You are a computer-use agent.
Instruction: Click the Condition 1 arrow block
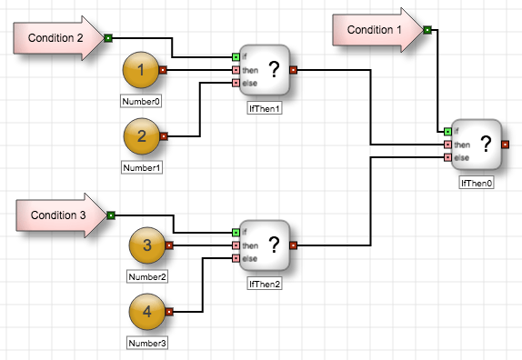point(377,30)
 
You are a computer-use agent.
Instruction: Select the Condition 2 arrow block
point(58,38)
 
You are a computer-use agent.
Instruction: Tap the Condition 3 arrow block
point(61,215)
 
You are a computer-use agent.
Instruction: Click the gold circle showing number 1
point(141,70)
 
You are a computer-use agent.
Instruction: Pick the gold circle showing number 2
point(142,136)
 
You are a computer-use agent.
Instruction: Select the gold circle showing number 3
point(146,245)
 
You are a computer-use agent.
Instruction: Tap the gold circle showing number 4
point(146,312)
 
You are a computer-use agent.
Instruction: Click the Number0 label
point(141,101)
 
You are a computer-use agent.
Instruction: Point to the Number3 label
point(147,343)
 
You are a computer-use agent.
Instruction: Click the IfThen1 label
point(265,108)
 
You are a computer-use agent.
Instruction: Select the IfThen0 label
point(477,183)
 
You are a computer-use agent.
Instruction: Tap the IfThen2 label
point(265,284)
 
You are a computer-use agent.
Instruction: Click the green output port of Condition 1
point(427,30)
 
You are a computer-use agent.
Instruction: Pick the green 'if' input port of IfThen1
point(236,57)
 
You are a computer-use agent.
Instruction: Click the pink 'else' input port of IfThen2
point(236,258)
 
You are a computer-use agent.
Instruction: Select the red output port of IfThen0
point(506,145)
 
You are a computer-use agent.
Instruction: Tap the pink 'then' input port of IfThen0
point(448,145)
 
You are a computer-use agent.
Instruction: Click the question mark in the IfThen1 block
point(274,69)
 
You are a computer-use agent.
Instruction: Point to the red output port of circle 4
point(169,312)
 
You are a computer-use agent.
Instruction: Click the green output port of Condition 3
point(111,215)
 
